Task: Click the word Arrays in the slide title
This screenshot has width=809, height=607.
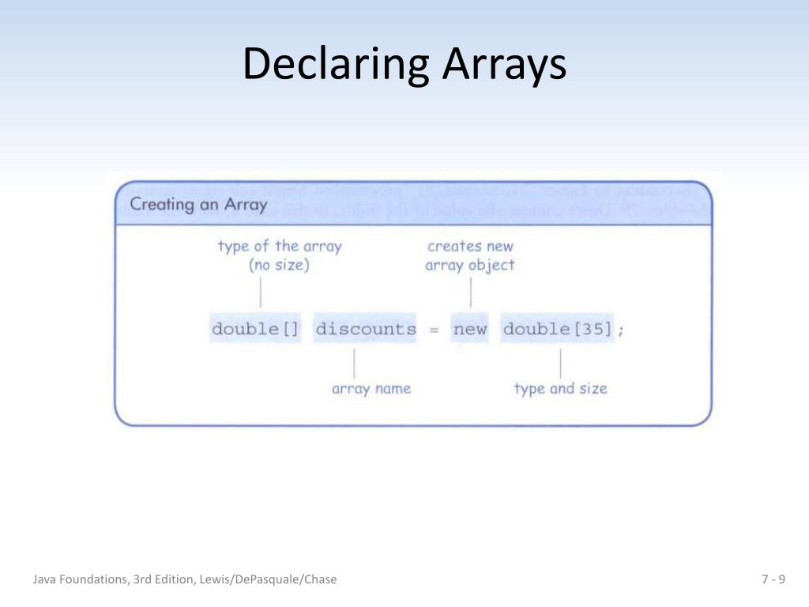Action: pos(504,65)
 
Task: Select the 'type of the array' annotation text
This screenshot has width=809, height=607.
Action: pos(279,246)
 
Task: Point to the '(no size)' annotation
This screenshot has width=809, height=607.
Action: pos(279,266)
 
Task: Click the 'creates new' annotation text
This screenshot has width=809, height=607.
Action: pos(470,246)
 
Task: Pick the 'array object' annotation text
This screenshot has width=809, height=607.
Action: pos(470,266)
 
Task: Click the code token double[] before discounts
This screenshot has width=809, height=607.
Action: pos(255,329)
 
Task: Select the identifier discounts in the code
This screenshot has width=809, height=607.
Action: pos(365,329)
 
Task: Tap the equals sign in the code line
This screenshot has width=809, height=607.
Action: pos(434,330)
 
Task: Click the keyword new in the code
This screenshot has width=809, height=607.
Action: pos(470,329)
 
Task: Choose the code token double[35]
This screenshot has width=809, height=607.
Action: pos(558,329)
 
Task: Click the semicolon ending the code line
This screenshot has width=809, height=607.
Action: pos(621,330)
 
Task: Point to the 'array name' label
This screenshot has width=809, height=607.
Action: pos(371,389)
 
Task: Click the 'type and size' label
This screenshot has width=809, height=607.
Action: pos(560,389)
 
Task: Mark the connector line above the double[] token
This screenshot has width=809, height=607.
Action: pos(260,292)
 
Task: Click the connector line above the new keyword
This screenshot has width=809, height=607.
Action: pos(471,292)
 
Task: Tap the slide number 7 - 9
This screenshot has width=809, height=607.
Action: pos(773,579)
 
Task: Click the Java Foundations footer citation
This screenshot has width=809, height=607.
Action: pos(185,579)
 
